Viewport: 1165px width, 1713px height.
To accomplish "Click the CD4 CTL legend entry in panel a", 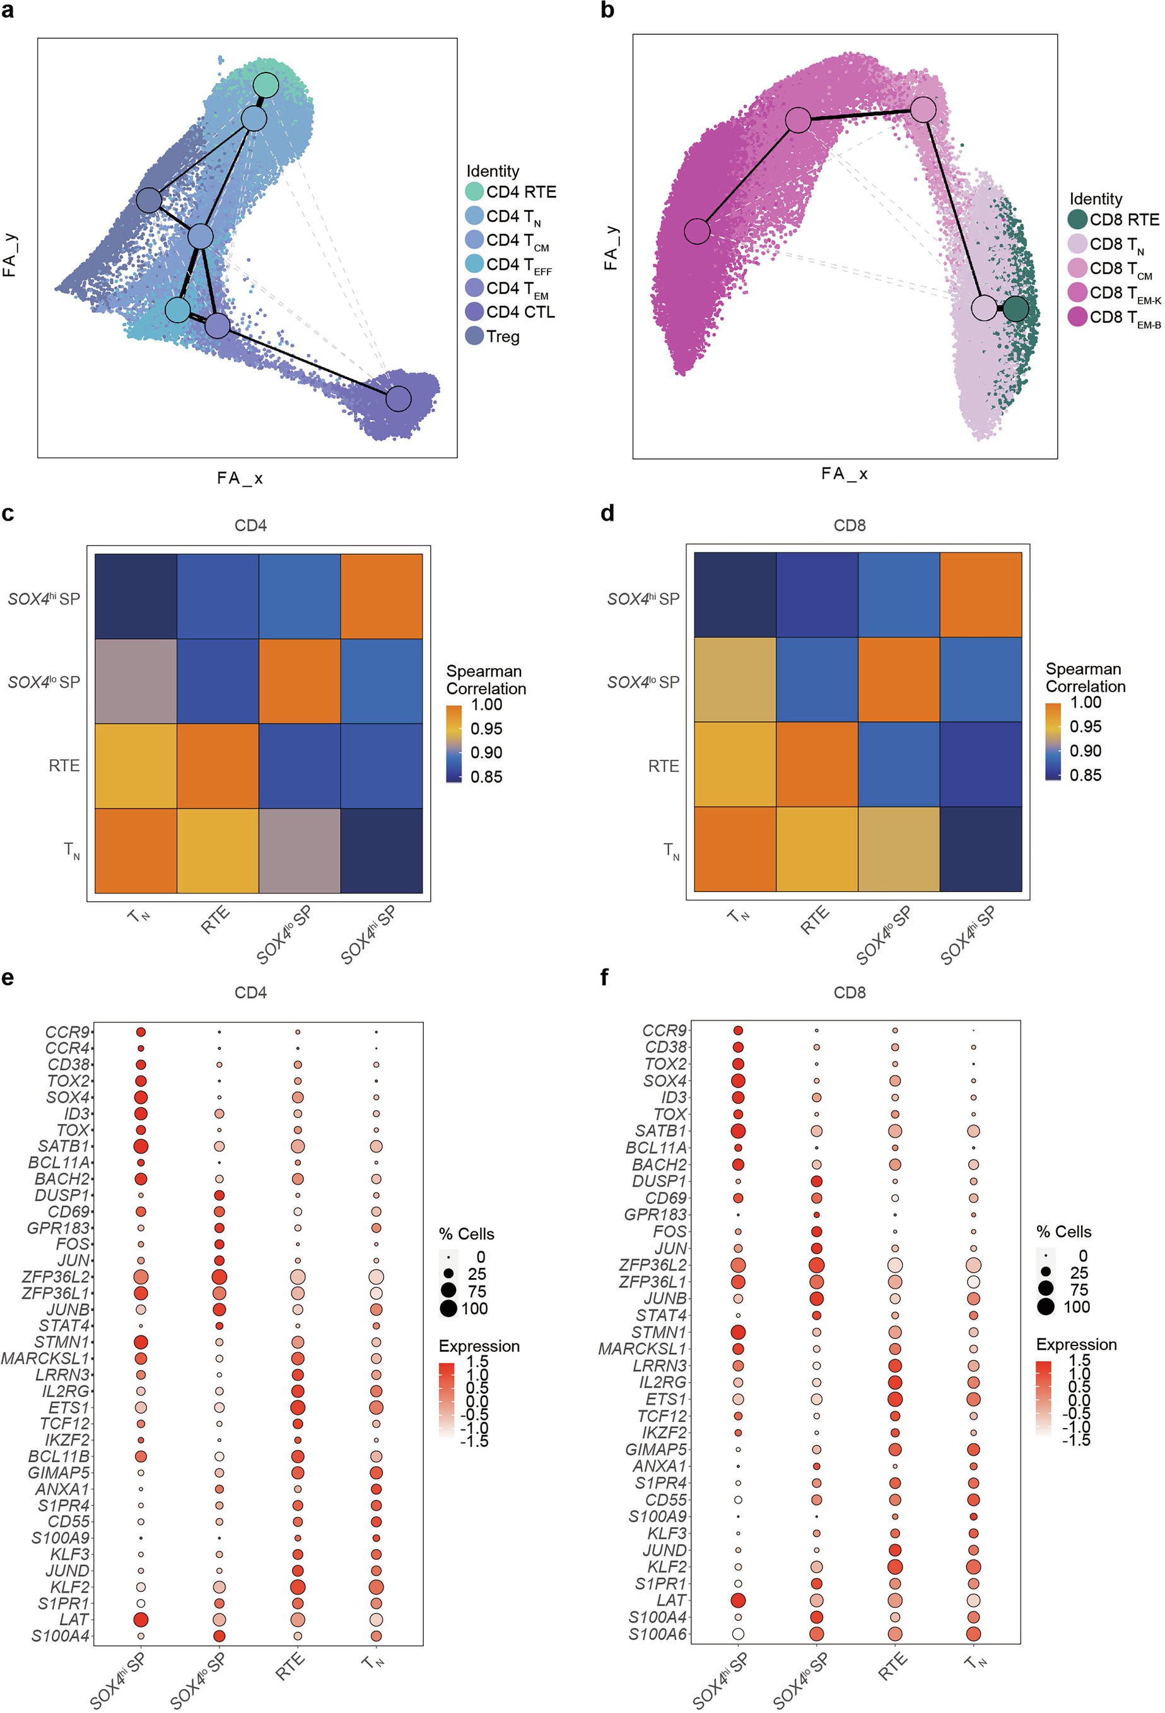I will click(520, 312).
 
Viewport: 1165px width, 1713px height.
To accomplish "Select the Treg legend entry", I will click(502, 336).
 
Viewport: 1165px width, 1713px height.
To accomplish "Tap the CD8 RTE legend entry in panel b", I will click(1124, 219).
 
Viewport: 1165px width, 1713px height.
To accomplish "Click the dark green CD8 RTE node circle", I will click(1016, 309).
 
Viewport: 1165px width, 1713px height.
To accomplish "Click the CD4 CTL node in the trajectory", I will click(398, 398).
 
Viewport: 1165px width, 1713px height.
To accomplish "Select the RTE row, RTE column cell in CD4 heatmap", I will click(218, 766).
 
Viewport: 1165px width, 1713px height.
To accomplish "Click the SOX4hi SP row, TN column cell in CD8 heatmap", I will click(735, 595).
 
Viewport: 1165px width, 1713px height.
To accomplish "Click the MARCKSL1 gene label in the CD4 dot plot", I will click(45, 1357).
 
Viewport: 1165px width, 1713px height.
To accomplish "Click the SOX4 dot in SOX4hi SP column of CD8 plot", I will click(737, 1081).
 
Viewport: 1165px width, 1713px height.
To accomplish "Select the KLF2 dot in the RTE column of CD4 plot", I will click(298, 1586).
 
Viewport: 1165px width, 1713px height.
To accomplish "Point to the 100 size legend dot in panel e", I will click(448, 1308).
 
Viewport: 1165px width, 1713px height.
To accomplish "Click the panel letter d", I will click(607, 514).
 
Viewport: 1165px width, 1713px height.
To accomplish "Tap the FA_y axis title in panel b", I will click(611, 248).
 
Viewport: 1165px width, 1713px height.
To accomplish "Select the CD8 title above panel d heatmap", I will click(850, 526).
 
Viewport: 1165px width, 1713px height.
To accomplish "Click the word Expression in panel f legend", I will click(1076, 1344).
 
